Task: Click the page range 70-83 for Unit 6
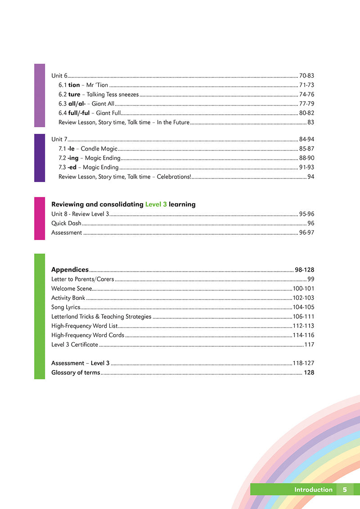click(x=306, y=76)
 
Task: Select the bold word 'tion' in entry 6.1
click(x=74, y=85)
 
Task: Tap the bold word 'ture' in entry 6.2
click(x=74, y=94)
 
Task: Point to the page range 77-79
click(x=306, y=104)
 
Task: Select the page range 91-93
click(x=306, y=167)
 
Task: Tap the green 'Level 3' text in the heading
click(x=156, y=204)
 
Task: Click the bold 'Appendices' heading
click(x=70, y=270)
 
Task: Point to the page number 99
click(x=310, y=279)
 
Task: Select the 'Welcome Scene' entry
click(x=72, y=289)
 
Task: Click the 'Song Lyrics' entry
click(x=66, y=307)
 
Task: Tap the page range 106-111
click(x=303, y=317)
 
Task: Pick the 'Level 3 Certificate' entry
click(x=75, y=344)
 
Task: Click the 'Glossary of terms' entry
click(x=76, y=373)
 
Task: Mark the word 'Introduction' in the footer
click(x=313, y=490)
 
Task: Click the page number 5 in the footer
click(x=345, y=490)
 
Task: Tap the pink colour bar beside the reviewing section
click(x=40, y=219)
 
